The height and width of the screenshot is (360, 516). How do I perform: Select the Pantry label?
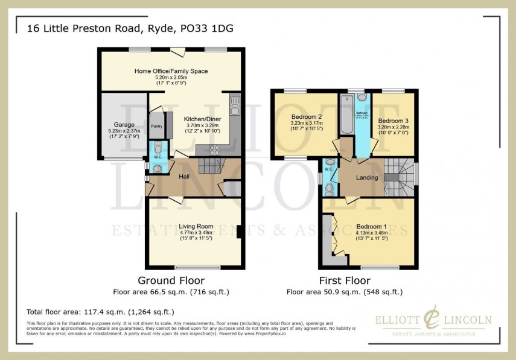tap(156, 126)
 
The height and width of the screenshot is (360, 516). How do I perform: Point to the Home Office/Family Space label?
tap(171, 71)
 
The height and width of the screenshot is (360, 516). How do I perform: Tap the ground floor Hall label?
tap(184, 177)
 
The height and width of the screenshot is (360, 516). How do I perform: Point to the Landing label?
tap(366, 178)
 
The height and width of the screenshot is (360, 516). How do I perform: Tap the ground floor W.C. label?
tap(158, 157)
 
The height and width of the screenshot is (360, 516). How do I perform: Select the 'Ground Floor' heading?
tap(171, 280)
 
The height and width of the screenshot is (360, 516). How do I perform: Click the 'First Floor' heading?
tap(344, 280)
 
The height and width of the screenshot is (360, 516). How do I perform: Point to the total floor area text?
tap(100, 312)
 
